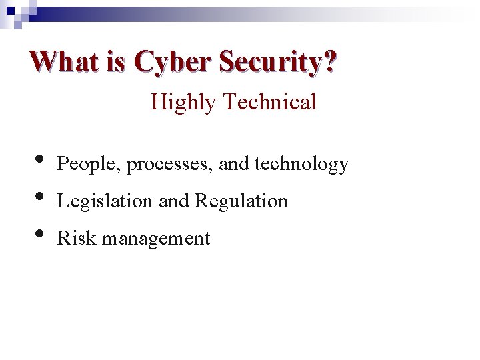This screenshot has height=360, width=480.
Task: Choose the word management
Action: [151, 239]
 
